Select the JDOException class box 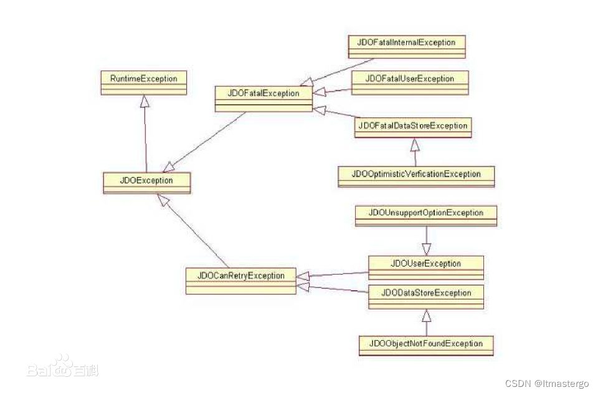pos(146,182)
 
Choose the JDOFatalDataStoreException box pos(413,127)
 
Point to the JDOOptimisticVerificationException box pos(416,176)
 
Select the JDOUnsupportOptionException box pos(426,215)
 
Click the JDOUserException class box pos(426,267)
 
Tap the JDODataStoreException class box pos(426,296)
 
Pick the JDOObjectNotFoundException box pos(426,345)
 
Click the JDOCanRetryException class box pos(240,280)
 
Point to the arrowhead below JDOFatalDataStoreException pos(415,145)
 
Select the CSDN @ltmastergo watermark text pos(547,383)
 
